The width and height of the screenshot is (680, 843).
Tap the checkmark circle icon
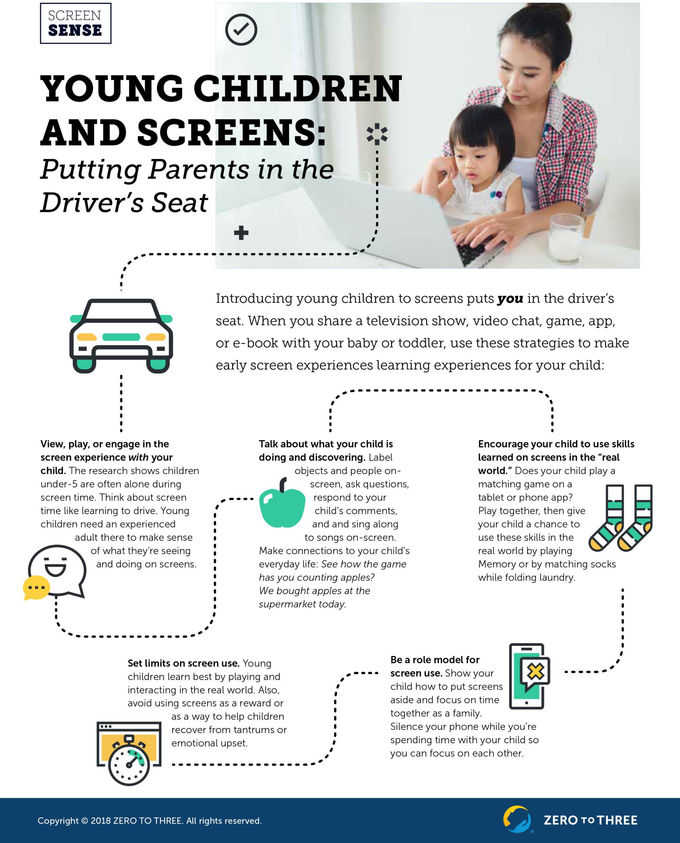click(x=241, y=29)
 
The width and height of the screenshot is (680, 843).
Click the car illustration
click(x=121, y=336)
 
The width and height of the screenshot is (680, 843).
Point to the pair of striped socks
click(x=621, y=517)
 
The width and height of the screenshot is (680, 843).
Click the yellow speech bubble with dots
click(x=37, y=587)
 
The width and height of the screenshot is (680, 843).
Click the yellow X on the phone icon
click(x=535, y=672)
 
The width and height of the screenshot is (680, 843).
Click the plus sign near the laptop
click(x=241, y=233)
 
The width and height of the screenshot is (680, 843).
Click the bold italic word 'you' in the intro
click(x=510, y=299)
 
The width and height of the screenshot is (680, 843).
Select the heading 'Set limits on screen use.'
click(x=183, y=664)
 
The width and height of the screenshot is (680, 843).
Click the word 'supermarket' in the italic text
click(x=287, y=604)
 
